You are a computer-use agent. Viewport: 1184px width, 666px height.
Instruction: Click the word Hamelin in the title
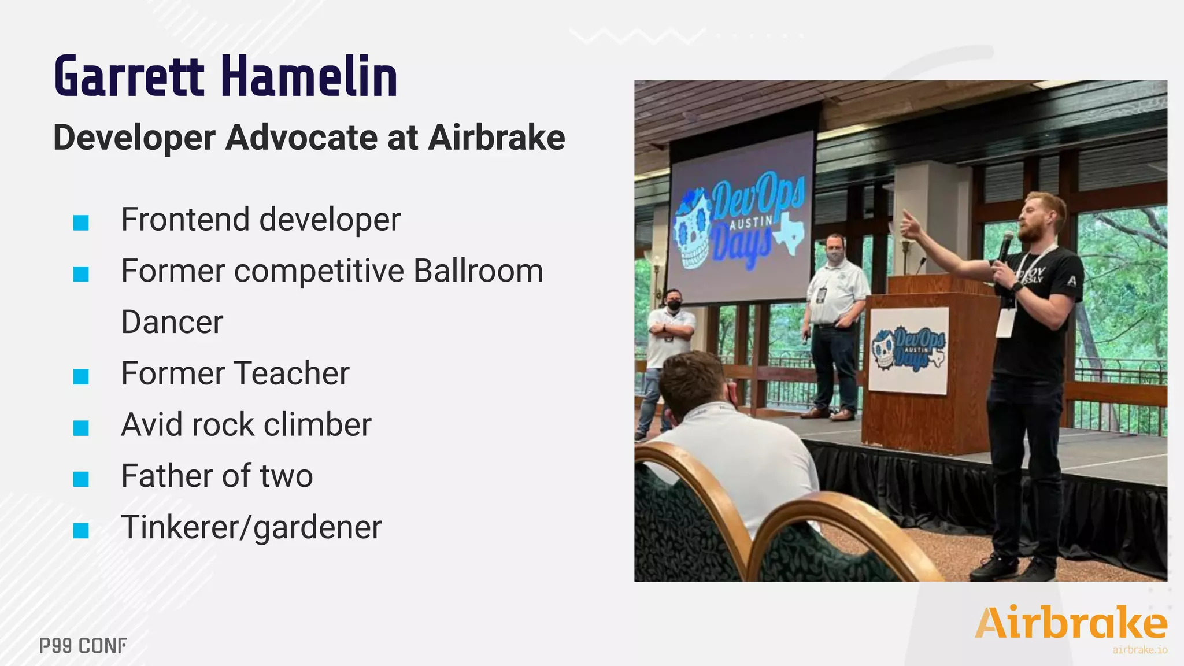click(309, 76)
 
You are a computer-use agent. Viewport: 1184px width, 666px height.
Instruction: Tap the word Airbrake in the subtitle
click(497, 138)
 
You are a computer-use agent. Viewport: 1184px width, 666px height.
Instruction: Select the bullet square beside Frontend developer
click(81, 223)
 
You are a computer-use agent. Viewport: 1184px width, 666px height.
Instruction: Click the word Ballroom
click(478, 271)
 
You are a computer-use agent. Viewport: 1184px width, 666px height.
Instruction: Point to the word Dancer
click(172, 322)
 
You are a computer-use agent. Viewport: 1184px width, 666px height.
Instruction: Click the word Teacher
click(292, 373)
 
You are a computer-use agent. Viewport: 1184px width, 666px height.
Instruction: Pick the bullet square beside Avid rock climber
click(81, 428)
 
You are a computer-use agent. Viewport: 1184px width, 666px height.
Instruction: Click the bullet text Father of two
click(217, 476)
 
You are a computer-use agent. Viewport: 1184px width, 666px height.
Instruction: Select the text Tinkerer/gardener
click(251, 527)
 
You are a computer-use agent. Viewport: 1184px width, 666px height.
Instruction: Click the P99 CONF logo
click(83, 646)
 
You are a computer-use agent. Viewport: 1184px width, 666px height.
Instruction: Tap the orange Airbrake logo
click(1071, 623)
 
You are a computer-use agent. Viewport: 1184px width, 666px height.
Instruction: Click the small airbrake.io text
click(1139, 650)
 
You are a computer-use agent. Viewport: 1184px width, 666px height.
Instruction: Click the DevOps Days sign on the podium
click(908, 350)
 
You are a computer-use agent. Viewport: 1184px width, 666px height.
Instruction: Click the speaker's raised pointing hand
click(910, 225)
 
